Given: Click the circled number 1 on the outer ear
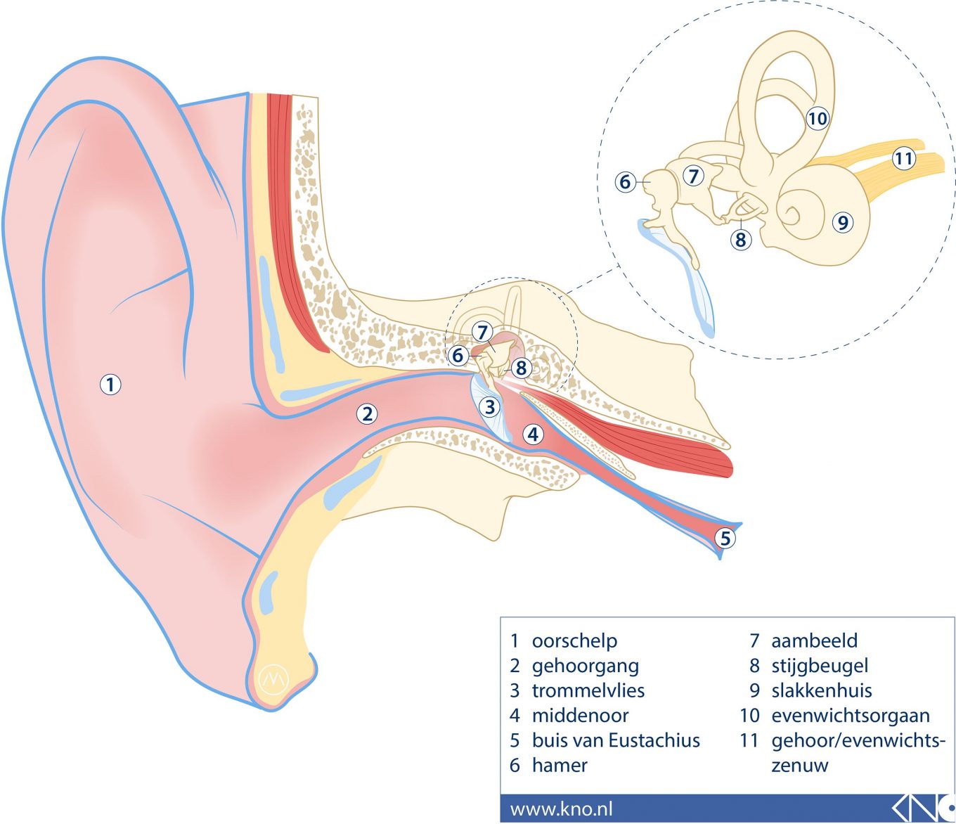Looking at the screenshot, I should coord(110,385).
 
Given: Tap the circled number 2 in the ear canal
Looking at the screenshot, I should coord(367,413).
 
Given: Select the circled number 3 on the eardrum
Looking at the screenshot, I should coord(490,406).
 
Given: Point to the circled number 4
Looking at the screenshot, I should coord(534,434).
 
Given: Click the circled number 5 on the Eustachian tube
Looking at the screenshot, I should coord(725,539).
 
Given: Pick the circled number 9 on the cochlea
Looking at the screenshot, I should coord(842,223).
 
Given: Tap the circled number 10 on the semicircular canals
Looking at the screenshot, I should coord(818,118).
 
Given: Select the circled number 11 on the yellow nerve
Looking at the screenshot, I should coord(903,159).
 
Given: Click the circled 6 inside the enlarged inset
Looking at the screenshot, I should coord(625,182).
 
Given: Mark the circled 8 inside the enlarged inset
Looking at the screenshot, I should coord(740,240).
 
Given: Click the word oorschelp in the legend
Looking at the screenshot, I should coord(574,641).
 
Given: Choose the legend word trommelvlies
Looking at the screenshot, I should coord(588,690).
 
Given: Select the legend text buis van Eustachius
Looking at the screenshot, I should coord(616,740).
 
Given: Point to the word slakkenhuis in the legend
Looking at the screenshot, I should coord(821,690).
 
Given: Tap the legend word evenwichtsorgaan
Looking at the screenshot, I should coord(850,716).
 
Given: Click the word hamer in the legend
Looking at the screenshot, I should coord(560,765).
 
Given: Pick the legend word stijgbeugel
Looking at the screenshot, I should coord(820,666).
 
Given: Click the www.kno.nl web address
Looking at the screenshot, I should coord(561,809).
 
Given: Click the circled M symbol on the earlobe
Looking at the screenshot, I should coord(273,678).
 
